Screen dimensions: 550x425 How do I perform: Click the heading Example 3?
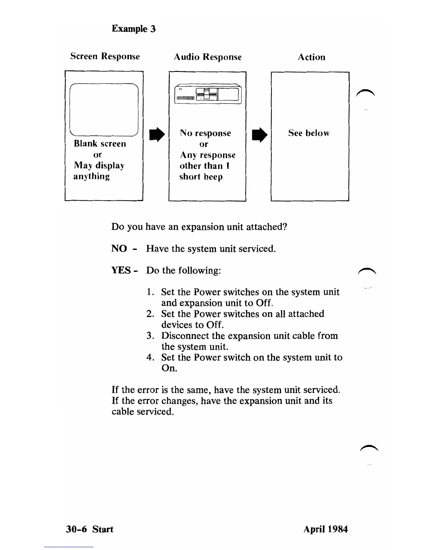(133, 28)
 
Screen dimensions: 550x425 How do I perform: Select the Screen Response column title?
(105, 56)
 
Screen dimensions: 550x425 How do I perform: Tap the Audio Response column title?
(207, 57)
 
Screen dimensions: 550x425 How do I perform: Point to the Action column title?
(311, 57)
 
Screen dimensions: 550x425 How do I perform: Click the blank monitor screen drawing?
(104, 109)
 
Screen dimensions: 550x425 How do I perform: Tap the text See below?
(309, 133)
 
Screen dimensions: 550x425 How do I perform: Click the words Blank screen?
(100, 144)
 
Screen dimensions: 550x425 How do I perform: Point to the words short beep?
(201, 177)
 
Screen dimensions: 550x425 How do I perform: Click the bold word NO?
(119, 249)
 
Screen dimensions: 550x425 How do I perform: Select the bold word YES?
(121, 270)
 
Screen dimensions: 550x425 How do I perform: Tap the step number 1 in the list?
(150, 292)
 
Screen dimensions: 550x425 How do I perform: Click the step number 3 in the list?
(150, 336)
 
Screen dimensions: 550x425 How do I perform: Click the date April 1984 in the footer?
(325, 529)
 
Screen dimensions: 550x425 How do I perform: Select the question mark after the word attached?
(285, 227)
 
